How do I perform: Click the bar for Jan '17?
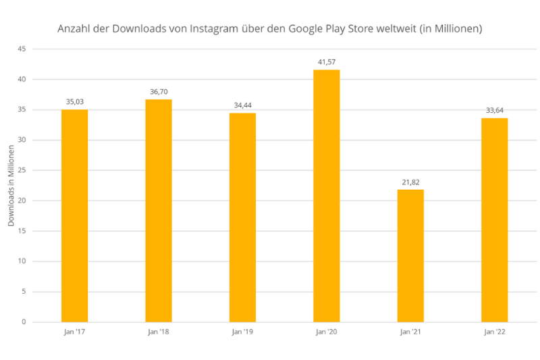pyautogui.click(x=74, y=215)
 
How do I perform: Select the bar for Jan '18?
pyautogui.click(x=159, y=211)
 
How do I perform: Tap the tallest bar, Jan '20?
pyautogui.click(x=327, y=196)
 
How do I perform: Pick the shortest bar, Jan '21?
pyautogui.click(x=410, y=256)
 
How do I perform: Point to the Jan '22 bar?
pyautogui.click(x=495, y=220)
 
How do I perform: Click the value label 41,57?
pyautogui.click(x=327, y=62)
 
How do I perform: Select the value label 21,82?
pyautogui.click(x=410, y=182)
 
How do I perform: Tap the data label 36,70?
pyautogui.click(x=159, y=92)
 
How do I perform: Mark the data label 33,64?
pyautogui.click(x=495, y=110)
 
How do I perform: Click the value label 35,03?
pyautogui.click(x=74, y=102)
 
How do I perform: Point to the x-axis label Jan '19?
pyautogui.click(x=242, y=332)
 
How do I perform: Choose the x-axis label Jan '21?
pyautogui.click(x=410, y=332)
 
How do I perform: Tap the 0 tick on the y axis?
pyautogui.click(x=24, y=322)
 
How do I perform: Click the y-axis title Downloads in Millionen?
pyautogui.click(x=11, y=186)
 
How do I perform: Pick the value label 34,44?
pyautogui.click(x=242, y=105)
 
